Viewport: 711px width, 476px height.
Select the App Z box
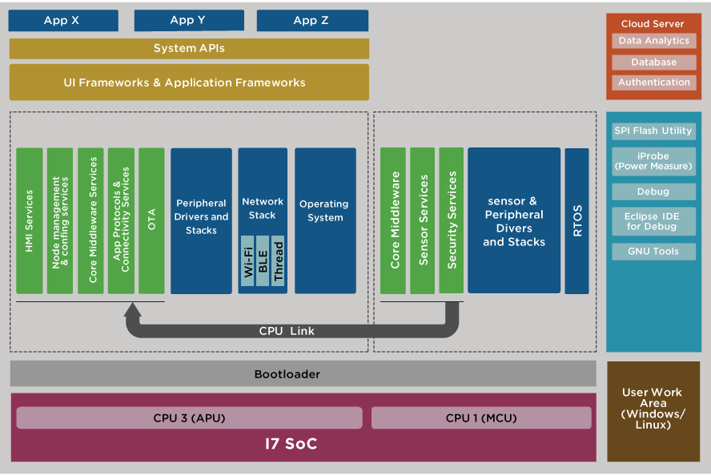312,21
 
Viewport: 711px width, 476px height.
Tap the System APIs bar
189,49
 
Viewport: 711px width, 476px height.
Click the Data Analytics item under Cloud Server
653,41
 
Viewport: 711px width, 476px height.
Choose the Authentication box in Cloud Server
653,83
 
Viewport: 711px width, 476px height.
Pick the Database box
653,62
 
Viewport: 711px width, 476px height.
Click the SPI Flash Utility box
653,131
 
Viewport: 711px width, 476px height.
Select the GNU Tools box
653,252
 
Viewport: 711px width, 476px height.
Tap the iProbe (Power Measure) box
653,161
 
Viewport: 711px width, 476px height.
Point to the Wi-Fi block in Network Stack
248,261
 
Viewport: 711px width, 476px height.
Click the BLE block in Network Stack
263,261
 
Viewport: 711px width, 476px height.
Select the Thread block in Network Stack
278,261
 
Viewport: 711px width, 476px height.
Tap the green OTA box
151,220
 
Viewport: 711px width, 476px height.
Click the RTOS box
576,220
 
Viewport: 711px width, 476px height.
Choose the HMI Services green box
30,220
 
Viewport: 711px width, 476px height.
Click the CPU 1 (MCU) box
481,418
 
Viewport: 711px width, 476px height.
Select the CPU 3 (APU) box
189,418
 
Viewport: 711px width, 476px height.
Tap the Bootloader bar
303,374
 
